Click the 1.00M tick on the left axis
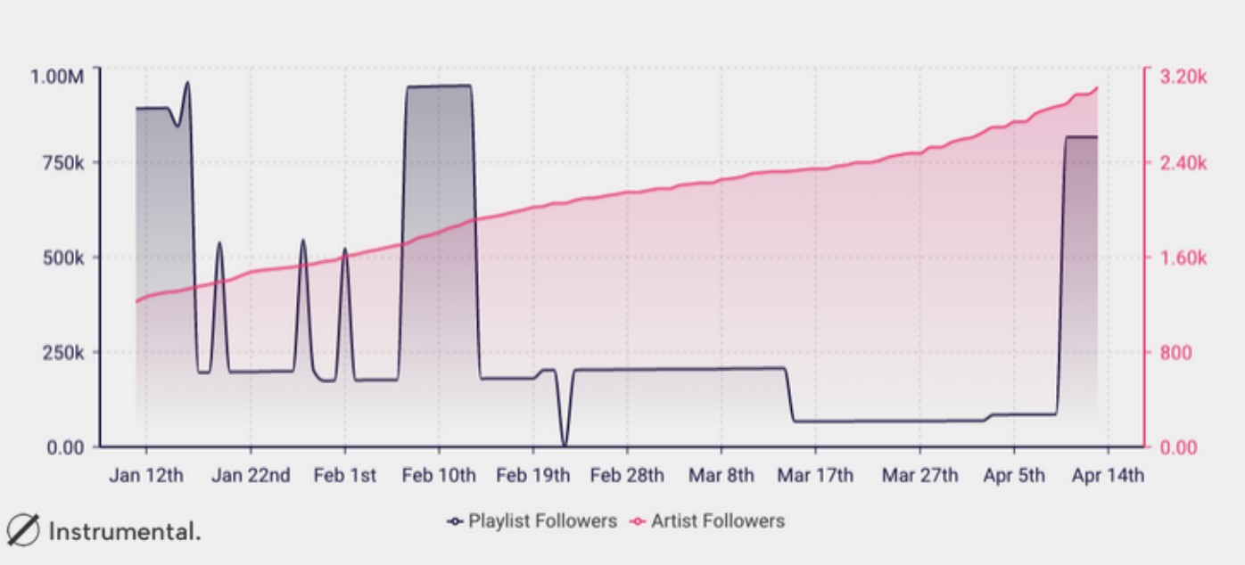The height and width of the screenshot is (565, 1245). tap(57, 77)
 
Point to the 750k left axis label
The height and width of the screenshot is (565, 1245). tap(62, 163)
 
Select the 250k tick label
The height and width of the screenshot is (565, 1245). tap(62, 352)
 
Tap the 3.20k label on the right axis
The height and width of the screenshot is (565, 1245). tap(1183, 77)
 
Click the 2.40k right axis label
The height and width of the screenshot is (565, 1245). tap(1183, 163)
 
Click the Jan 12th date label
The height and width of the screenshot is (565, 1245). tap(146, 475)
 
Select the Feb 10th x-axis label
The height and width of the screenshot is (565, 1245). tap(439, 475)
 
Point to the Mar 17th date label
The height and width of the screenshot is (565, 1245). tap(814, 475)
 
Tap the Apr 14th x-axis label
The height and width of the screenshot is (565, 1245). tap(1107, 475)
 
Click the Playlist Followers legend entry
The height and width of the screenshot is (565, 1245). tap(532, 521)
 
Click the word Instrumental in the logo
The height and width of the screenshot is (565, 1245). tap(124, 532)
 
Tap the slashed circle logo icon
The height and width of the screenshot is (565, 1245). tap(23, 531)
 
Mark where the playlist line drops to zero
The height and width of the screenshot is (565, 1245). tap(564, 445)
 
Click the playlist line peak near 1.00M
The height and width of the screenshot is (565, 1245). tap(187, 82)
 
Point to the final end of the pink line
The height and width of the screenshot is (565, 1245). tap(1097, 87)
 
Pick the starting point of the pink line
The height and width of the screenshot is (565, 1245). tap(136, 301)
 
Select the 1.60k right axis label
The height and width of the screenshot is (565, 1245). tap(1183, 258)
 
